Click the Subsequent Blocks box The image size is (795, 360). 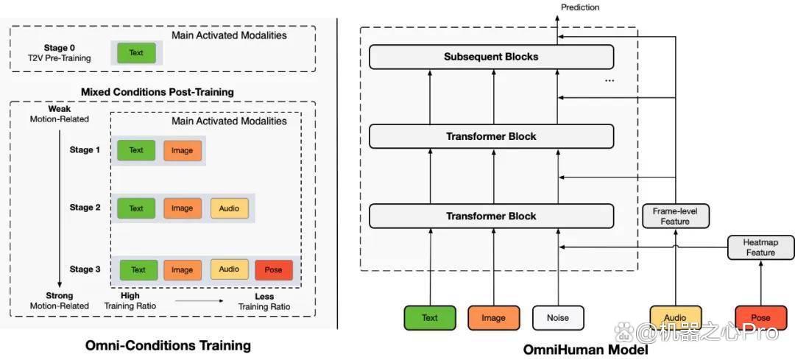(x=491, y=57)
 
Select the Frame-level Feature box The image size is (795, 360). (x=675, y=216)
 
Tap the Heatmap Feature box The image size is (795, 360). (x=759, y=247)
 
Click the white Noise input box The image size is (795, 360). (x=558, y=318)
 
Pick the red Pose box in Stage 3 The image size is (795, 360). (x=273, y=269)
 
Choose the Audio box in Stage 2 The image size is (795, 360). (x=229, y=208)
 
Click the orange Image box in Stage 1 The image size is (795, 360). (x=183, y=150)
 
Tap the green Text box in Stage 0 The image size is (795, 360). (x=136, y=53)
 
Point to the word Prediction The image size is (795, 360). (x=580, y=7)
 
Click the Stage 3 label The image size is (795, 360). (x=85, y=269)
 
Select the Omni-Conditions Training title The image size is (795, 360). (x=169, y=346)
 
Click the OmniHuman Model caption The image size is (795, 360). (x=586, y=350)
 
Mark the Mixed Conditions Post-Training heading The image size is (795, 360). (x=158, y=92)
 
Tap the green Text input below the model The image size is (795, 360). (x=429, y=318)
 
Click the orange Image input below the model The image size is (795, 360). (x=493, y=318)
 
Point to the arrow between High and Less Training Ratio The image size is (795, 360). (x=199, y=300)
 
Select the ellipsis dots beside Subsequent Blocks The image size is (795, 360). (x=609, y=81)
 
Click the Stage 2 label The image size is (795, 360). (x=85, y=208)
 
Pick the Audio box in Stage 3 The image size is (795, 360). (x=229, y=269)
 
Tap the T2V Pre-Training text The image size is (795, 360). (x=60, y=58)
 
